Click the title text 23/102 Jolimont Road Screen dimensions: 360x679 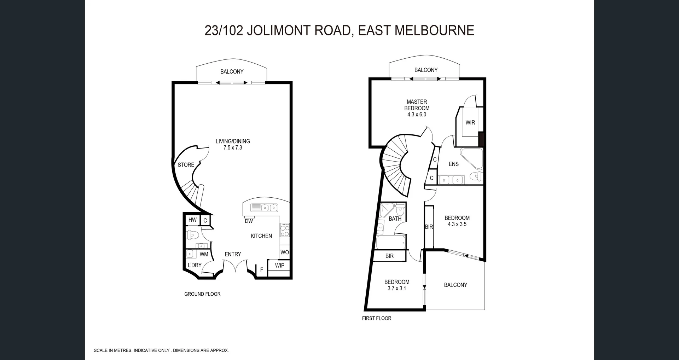(x=339, y=30)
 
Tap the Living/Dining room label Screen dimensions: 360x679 (x=233, y=141)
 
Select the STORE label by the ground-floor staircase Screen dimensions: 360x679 (x=186, y=165)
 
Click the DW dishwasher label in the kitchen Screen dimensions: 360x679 (x=249, y=221)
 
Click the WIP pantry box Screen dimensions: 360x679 (x=279, y=266)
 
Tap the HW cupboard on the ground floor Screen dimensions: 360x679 (x=192, y=220)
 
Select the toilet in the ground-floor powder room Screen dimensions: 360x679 (x=192, y=234)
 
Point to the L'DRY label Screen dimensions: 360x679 (x=195, y=265)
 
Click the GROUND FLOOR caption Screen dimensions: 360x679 (x=202, y=294)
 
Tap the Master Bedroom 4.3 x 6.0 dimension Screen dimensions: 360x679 (x=417, y=115)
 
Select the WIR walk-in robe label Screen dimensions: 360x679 (x=470, y=123)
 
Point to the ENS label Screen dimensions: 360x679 (x=453, y=164)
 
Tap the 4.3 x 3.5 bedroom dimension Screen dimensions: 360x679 (x=457, y=224)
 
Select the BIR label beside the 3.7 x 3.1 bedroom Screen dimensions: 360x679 (x=389, y=256)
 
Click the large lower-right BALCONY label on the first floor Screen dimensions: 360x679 (x=455, y=285)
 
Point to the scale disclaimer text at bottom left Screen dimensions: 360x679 (x=161, y=350)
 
